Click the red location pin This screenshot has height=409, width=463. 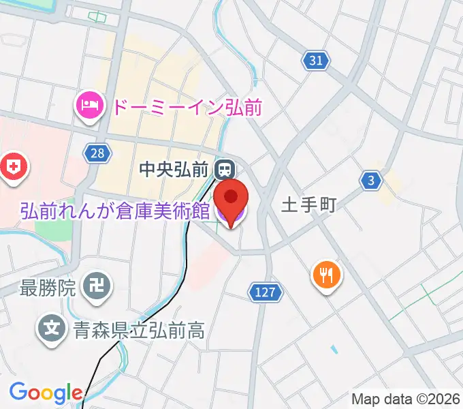[231, 198]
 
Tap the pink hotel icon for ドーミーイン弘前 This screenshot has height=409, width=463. [89, 106]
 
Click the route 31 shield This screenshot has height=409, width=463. [315, 61]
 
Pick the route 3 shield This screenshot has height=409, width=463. [370, 181]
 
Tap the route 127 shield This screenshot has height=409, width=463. [264, 292]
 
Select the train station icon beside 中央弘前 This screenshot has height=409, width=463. [223, 168]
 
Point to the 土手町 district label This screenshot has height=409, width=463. [309, 205]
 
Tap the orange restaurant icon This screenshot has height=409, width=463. [327, 275]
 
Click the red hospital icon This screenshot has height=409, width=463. [13, 167]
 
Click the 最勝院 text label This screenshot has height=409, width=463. [48, 288]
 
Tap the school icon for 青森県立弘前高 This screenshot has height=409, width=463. [52, 329]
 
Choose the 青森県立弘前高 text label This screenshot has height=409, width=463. [138, 331]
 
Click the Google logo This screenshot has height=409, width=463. [45, 393]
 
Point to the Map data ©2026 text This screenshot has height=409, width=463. [406, 398]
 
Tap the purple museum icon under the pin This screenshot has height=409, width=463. [230, 217]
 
